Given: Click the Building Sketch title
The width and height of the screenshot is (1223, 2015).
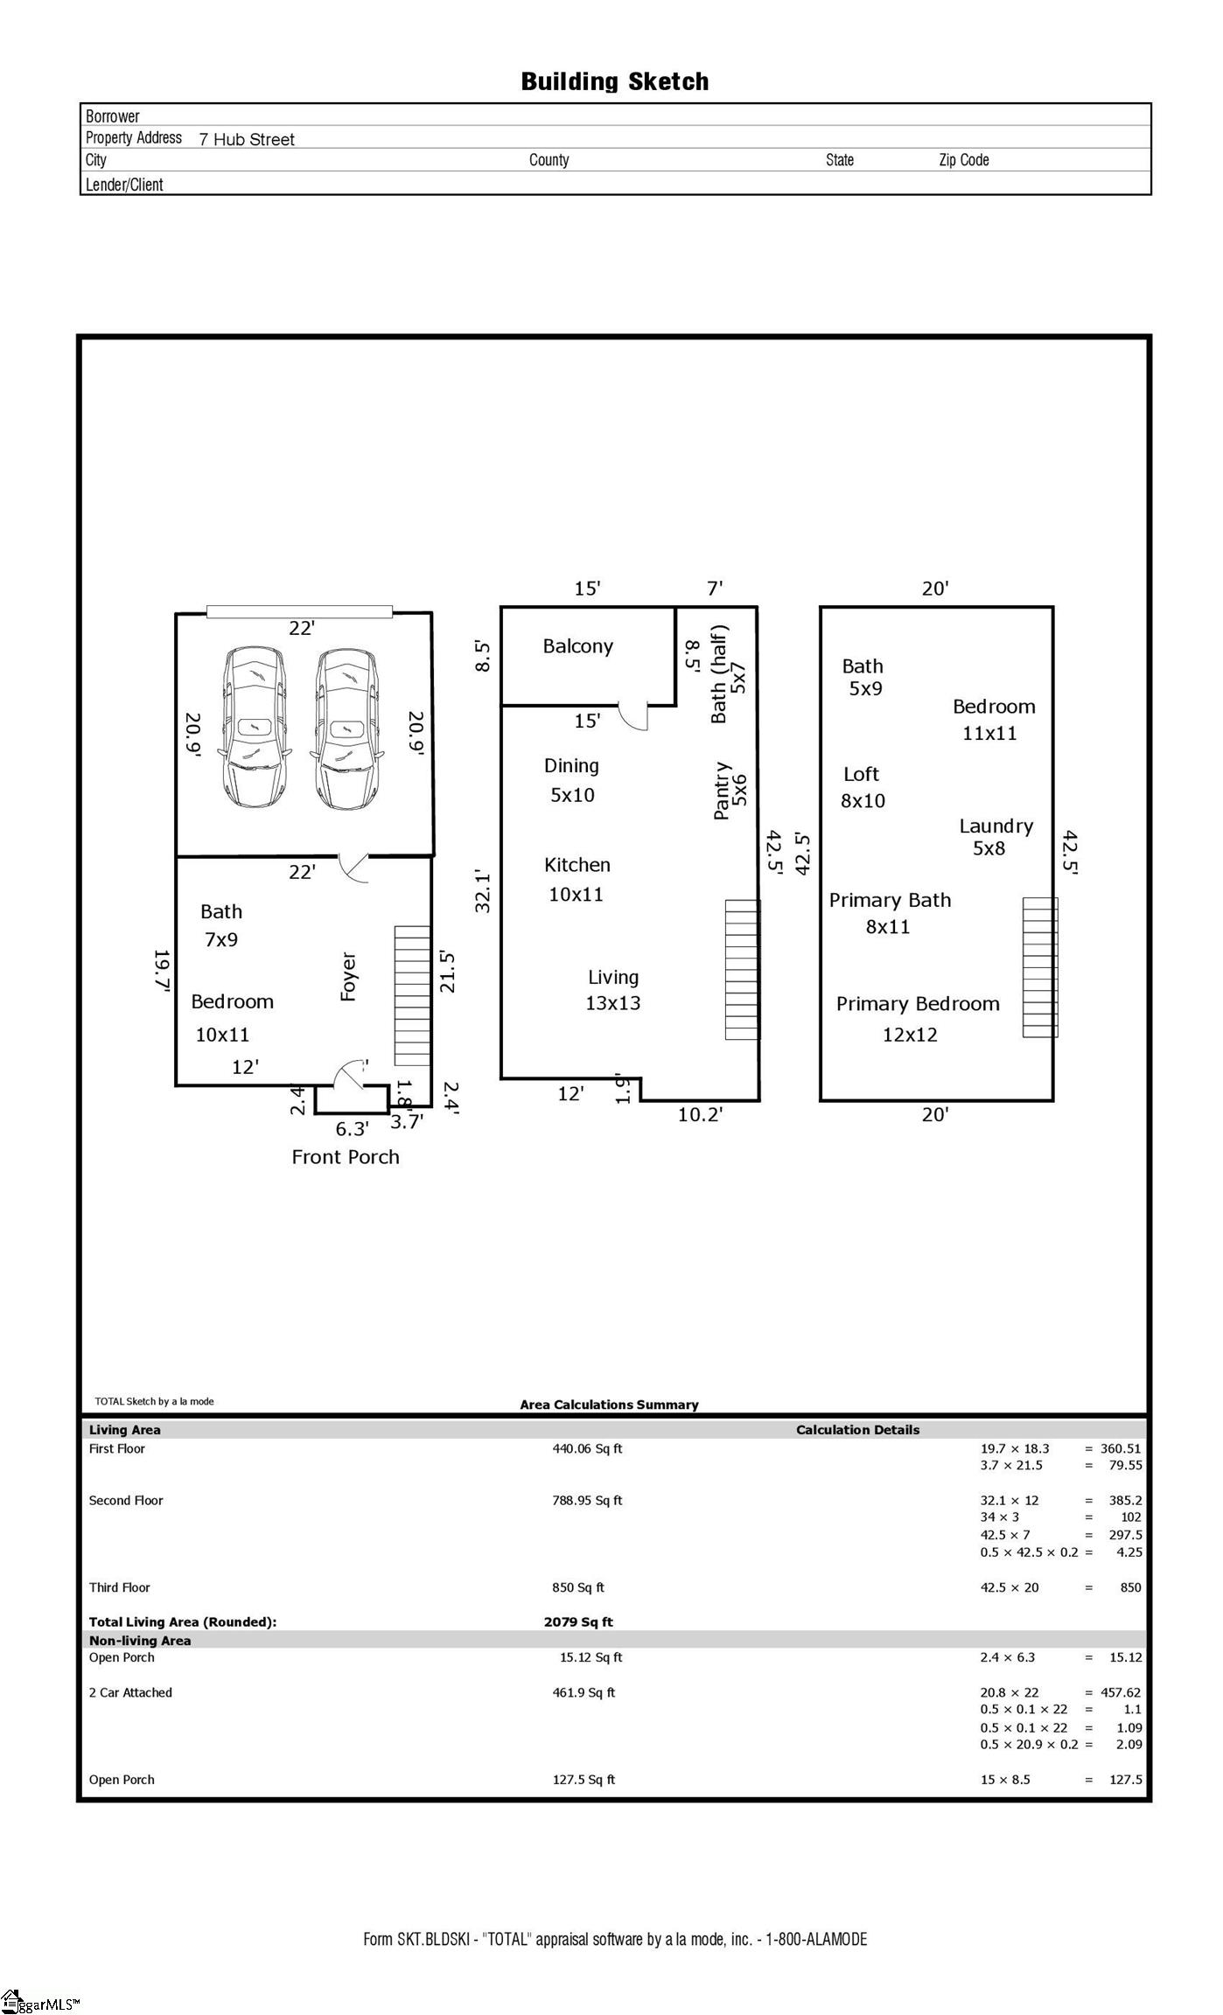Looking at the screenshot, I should [x=614, y=82].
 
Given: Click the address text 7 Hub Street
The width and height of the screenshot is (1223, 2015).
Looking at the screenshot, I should [x=247, y=139].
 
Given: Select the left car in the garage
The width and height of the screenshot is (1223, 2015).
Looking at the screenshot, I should [x=255, y=728].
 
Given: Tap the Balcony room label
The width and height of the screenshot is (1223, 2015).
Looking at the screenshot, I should [x=577, y=646].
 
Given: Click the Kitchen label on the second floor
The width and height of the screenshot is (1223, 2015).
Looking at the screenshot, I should [x=577, y=865].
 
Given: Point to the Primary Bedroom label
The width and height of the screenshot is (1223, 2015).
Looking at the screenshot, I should [x=917, y=1004].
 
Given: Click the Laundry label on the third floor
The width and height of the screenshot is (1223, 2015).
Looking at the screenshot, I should [x=996, y=826].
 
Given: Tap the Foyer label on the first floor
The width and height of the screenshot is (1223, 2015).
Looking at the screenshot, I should [x=348, y=976].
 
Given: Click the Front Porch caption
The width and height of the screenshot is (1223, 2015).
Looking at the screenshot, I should [x=346, y=1157].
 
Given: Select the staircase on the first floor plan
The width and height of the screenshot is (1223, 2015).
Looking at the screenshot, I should [x=412, y=995].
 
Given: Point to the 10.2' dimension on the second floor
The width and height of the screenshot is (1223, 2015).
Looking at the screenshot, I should [x=700, y=1114].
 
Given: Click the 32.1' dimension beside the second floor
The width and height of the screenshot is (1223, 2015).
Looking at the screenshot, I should [x=483, y=890].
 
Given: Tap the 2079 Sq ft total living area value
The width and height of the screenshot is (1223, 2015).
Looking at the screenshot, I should [x=578, y=1621].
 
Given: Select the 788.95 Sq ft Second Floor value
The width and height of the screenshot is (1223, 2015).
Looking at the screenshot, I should [x=587, y=1500].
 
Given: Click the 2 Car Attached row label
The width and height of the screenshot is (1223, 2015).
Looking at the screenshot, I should [x=130, y=1692].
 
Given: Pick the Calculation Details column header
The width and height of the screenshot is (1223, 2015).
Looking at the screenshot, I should [x=857, y=1430].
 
